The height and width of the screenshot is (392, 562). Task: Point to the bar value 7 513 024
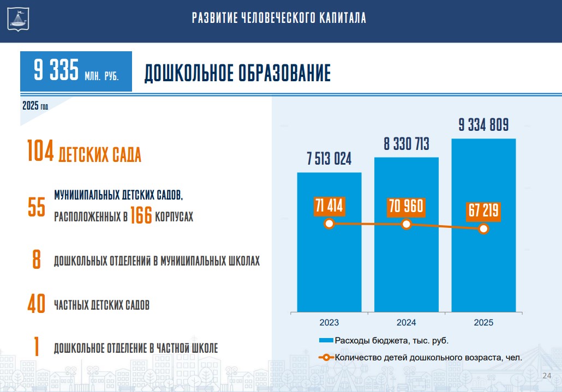tap(329, 159)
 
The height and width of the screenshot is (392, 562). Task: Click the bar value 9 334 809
tap(483, 125)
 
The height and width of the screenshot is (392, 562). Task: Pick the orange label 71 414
tap(329, 207)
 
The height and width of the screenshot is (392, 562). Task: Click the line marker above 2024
tap(406, 224)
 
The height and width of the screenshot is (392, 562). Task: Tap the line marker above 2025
tap(483, 229)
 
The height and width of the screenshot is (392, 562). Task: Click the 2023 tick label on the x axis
tap(329, 323)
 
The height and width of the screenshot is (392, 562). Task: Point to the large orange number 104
tap(40, 151)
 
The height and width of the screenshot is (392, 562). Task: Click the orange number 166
tap(141, 217)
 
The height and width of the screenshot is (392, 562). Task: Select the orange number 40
tap(36, 305)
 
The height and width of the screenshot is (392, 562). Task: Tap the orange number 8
tap(37, 260)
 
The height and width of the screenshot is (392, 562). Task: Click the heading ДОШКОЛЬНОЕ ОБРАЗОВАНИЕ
tap(237, 74)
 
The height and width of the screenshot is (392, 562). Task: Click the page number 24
tap(547, 376)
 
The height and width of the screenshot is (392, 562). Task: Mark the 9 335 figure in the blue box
tap(56, 71)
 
